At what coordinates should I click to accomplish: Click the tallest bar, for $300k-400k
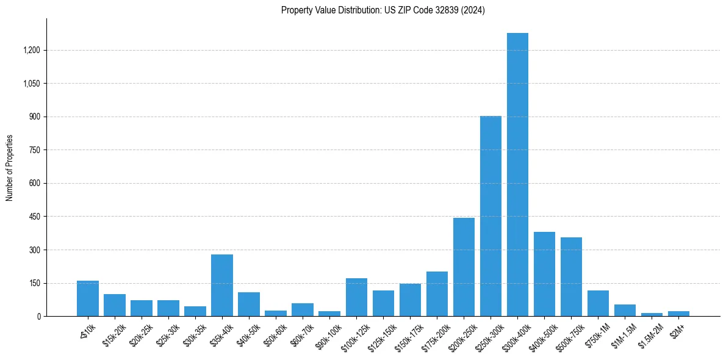(x=517, y=175)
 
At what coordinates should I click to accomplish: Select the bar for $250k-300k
(x=491, y=216)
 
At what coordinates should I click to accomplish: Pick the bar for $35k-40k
(x=222, y=285)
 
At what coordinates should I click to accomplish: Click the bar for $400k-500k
(x=544, y=274)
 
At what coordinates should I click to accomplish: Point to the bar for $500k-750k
(x=571, y=276)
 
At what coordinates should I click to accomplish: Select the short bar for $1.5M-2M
(x=652, y=314)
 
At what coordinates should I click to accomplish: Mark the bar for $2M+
(x=678, y=314)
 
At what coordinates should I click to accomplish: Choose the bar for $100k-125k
(x=356, y=297)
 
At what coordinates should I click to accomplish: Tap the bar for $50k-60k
(x=276, y=313)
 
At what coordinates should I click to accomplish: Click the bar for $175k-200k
(x=437, y=293)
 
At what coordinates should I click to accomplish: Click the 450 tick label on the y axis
(x=34, y=217)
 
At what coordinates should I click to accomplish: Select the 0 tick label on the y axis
(x=39, y=317)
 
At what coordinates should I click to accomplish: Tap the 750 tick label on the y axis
(x=34, y=150)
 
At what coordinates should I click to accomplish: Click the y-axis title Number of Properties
(x=10, y=168)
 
